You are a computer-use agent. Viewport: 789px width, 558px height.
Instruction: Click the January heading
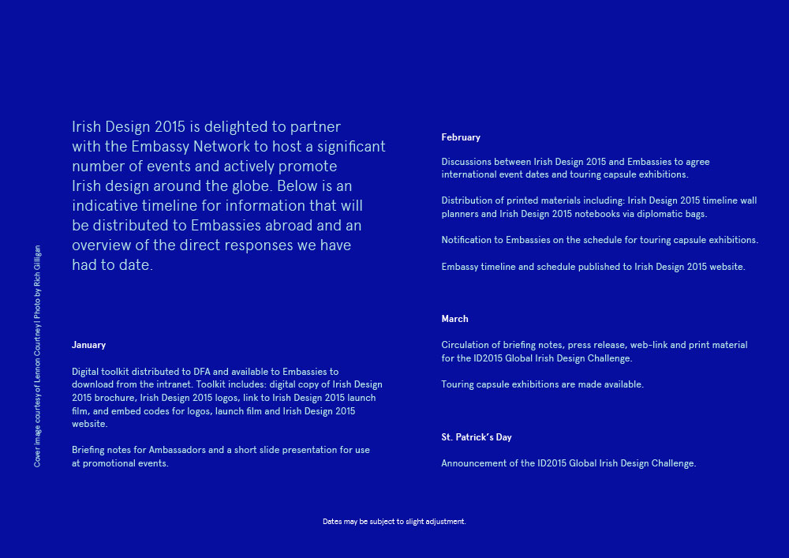pos(88,345)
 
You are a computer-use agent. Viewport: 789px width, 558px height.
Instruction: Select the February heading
pos(461,137)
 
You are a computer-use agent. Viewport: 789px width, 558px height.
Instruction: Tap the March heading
pos(454,319)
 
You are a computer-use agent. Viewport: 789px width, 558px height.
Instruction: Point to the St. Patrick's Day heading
pos(477,437)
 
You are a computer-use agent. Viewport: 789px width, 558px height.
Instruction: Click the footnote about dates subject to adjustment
pos(394,522)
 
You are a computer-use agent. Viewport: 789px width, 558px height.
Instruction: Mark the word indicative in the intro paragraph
pos(103,206)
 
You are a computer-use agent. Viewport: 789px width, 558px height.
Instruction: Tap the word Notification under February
pos(468,240)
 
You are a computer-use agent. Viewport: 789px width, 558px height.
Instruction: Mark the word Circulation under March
pos(466,345)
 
